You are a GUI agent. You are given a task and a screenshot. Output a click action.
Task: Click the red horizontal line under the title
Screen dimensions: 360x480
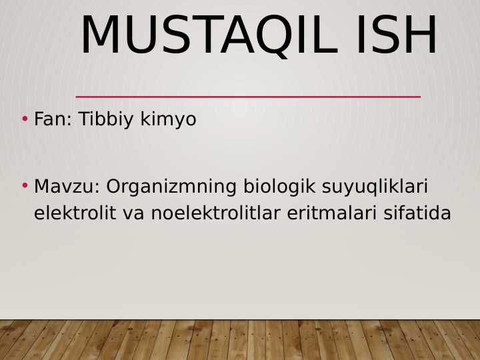coord(248,97)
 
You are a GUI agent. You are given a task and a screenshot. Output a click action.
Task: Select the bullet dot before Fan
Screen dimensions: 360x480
coord(25,119)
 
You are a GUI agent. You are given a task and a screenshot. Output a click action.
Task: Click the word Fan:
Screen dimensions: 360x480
coord(53,119)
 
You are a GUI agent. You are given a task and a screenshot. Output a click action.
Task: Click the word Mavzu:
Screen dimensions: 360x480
coord(67,187)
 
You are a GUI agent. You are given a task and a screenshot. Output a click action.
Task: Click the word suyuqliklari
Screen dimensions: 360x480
coord(375,187)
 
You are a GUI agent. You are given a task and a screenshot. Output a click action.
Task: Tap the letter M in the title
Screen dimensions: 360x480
coord(100,35)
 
